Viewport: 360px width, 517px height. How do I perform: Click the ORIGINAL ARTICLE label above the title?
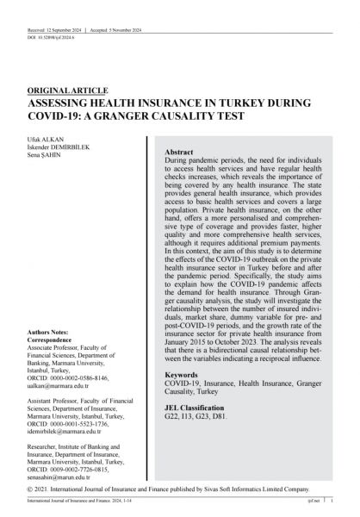point(68,90)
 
